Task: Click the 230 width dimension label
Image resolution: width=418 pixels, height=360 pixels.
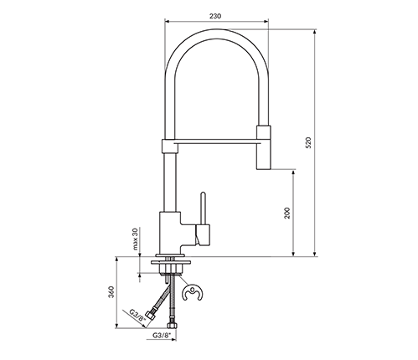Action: pyautogui.click(x=215, y=16)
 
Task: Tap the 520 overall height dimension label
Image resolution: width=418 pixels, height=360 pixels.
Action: pyautogui.click(x=308, y=142)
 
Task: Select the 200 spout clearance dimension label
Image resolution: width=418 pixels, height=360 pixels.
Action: pyautogui.click(x=287, y=213)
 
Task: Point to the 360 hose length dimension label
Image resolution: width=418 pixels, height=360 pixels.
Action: pyautogui.click(x=111, y=292)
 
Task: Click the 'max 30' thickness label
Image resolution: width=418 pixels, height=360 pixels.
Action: pyautogui.click(x=136, y=239)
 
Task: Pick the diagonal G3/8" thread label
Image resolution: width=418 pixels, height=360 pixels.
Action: pyautogui.click(x=137, y=317)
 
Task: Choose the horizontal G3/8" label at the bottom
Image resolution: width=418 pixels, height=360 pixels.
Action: pyautogui.click(x=162, y=335)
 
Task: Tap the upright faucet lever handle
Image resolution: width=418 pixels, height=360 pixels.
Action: pyautogui.click(x=204, y=208)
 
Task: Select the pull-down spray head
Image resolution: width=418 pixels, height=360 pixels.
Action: pyautogui.click(x=263, y=147)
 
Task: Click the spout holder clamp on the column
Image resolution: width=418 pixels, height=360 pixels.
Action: pyautogui.click(x=170, y=146)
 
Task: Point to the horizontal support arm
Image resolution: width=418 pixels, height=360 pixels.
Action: pyautogui.click(x=217, y=142)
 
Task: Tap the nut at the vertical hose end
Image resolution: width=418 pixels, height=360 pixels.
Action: pyautogui.click(x=171, y=326)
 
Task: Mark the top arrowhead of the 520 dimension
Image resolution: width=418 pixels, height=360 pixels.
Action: pyautogui.click(x=315, y=31)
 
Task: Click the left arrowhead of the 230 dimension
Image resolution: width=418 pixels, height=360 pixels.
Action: pyautogui.click(x=168, y=21)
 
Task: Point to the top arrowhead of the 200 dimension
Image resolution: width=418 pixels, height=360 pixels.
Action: pyautogui.click(x=293, y=172)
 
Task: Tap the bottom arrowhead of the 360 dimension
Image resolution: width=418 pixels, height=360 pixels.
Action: pyautogui.click(x=116, y=326)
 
